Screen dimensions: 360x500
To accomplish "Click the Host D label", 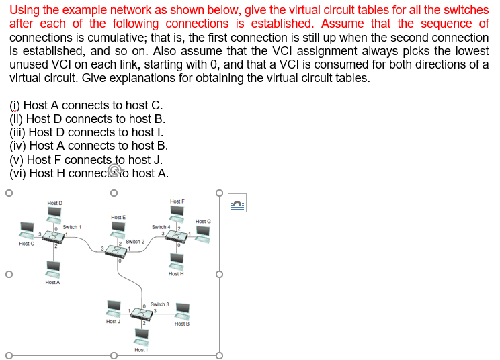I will tap(54, 203).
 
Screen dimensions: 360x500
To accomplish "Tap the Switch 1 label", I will tap(72, 228).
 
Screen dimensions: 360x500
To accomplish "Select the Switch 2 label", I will tap(135, 241).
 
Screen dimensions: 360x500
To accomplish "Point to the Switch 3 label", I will tap(159, 304).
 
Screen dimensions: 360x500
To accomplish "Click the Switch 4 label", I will tap(161, 227).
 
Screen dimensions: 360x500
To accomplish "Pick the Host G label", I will tap(203, 221).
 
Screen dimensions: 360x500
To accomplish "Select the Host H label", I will tap(176, 273).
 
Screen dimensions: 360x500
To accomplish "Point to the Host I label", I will tap(141, 349).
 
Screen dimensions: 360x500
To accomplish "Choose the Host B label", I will tap(181, 324).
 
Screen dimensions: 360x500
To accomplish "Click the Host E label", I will tap(118, 217).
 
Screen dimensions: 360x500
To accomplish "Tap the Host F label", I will tap(177, 201).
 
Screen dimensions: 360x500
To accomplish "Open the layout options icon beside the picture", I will tap(237, 201).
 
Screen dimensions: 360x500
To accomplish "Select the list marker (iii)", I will tap(17, 132).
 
